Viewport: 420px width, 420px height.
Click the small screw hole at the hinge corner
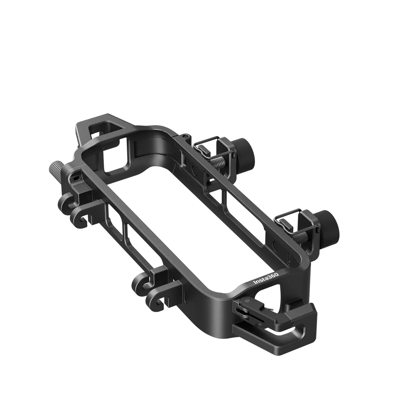point(185,136)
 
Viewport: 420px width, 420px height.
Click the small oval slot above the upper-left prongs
point(76,178)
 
